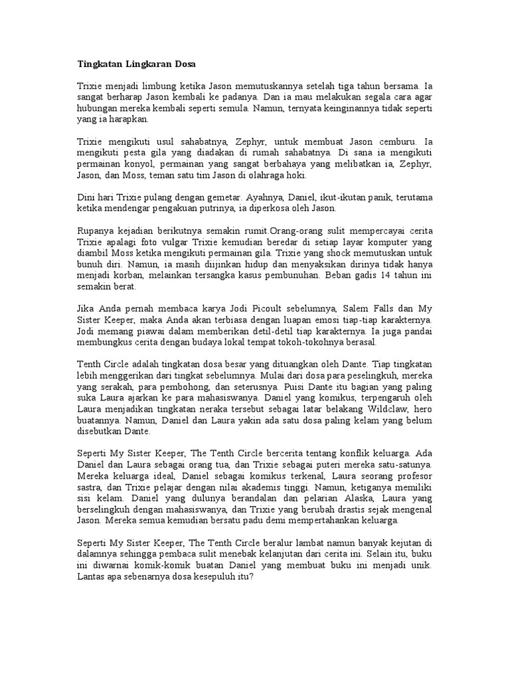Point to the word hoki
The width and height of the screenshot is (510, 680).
(297, 175)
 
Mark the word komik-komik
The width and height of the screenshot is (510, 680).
(158, 565)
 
